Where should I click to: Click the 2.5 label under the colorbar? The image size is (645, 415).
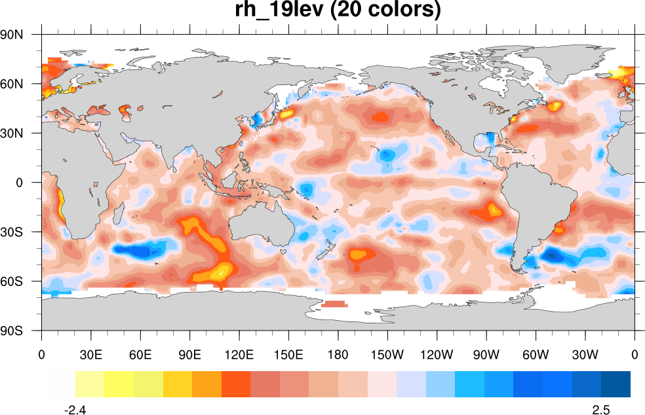pyautogui.click(x=601, y=410)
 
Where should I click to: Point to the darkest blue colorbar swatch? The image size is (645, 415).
pyautogui.click(x=616, y=384)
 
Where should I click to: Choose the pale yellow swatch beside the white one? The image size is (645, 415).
pyautogui.click(x=90, y=384)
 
